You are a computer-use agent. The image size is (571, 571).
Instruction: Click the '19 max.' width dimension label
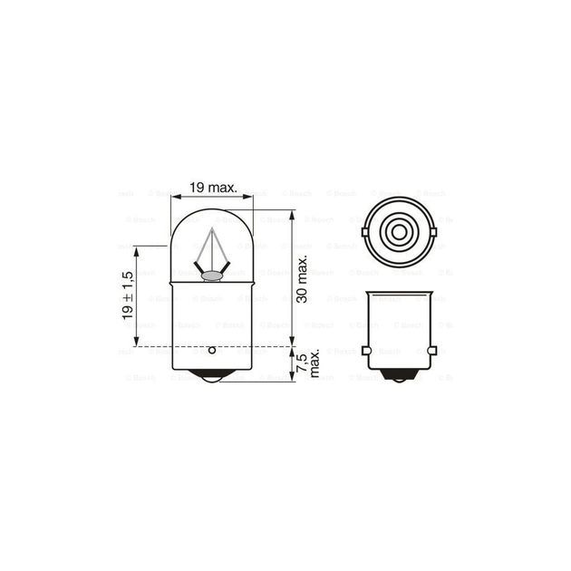(213, 188)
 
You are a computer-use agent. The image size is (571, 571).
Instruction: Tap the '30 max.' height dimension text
(303, 279)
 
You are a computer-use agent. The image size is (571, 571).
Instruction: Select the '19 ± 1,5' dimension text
(127, 295)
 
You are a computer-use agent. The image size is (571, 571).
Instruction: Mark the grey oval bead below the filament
(210, 276)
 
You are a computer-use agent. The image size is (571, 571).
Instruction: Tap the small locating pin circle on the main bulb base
(211, 349)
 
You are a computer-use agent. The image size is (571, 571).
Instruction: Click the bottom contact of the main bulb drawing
(211, 379)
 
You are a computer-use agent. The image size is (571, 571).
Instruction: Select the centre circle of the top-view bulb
(398, 231)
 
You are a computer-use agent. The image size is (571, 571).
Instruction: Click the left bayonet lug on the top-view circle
(364, 231)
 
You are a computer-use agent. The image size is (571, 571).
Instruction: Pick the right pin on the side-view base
(432, 350)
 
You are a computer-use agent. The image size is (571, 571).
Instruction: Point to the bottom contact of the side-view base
(398, 380)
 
